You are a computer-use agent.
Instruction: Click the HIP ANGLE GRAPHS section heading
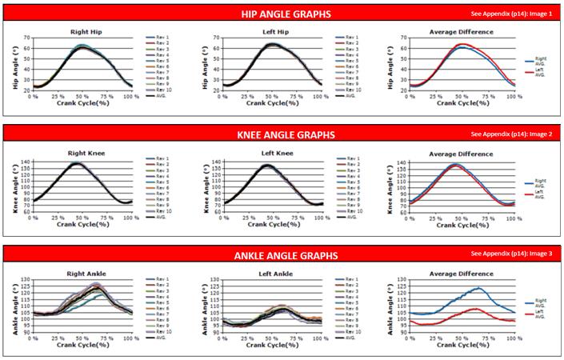point(286,14)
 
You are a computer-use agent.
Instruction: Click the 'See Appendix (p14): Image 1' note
point(511,14)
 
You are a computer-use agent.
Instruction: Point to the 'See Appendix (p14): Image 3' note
point(511,254)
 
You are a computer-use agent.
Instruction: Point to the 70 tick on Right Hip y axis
point(26,38)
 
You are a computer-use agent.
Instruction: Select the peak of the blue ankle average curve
point(478,288)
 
